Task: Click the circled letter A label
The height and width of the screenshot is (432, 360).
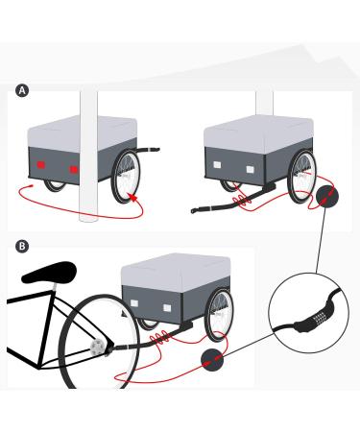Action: tap(22, 90)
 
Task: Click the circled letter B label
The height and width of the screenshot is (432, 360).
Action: tap(22, 247)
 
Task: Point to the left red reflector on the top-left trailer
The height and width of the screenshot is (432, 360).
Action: tap(41, 165)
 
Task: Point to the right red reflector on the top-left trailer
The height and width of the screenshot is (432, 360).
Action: tap(73, 168)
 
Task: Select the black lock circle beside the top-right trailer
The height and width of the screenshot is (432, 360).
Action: tap(327, 198)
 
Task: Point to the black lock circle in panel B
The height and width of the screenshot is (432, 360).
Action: tap(212, 363)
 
